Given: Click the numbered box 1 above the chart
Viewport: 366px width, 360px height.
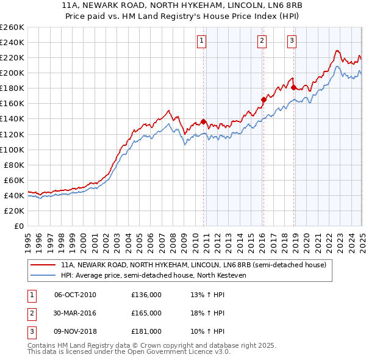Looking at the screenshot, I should [x=201, y=41].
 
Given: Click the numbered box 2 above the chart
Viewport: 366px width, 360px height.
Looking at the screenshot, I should [x=262, y=41].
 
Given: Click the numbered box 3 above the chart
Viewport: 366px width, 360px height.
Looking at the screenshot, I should [x=292, y=41].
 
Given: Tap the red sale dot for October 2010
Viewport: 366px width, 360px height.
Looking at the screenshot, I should [x=203, y=121].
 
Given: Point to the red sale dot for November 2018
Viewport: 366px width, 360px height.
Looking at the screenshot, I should [x=293, y=87].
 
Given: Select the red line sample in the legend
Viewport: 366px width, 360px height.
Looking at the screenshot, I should [x=43, y=265].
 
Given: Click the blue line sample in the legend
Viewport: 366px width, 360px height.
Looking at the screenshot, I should [x=43, y=275].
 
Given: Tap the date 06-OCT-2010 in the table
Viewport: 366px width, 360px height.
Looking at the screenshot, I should [x=75, y=295].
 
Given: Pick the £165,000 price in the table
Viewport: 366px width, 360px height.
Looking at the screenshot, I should [x=146, y=313].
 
